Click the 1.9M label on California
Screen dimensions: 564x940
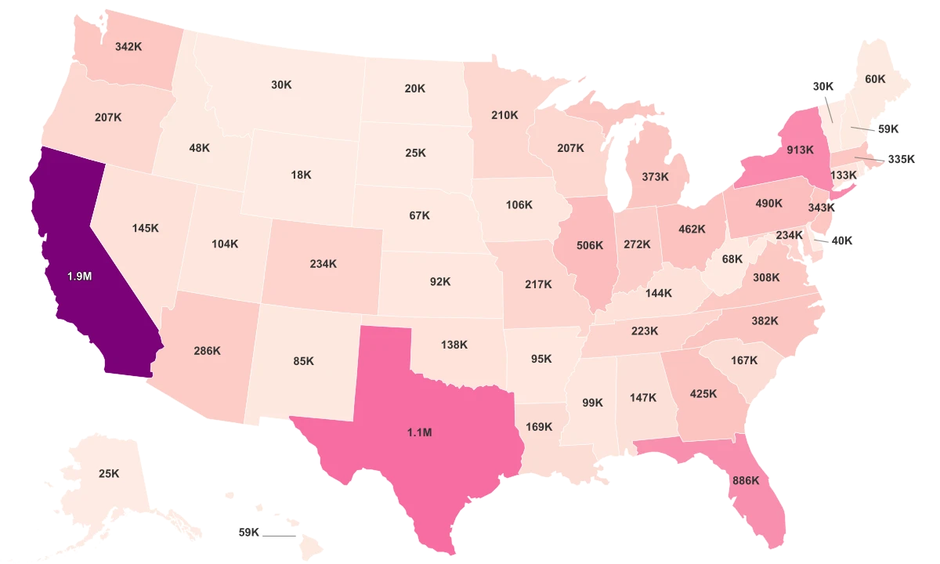[79, 277]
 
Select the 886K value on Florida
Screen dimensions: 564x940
[745, 480]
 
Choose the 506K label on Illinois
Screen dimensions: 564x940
[589, 245]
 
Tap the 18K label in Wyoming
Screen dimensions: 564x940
[301, 175]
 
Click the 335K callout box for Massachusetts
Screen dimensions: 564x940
[901, 159]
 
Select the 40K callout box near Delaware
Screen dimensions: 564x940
[841, 240]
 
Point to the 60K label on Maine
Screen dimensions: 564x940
[875, 79]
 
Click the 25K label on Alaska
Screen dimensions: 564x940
[109, 473]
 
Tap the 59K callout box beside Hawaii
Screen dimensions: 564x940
[248, 532]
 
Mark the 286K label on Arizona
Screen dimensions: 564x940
[208, 351]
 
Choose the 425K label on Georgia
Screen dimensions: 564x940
[703, 393]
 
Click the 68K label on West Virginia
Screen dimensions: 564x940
[732, 258]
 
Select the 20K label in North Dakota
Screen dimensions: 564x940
[415, 89]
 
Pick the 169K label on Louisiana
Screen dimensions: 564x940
[539, 427]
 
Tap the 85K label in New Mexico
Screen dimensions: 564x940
[304, 361]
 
